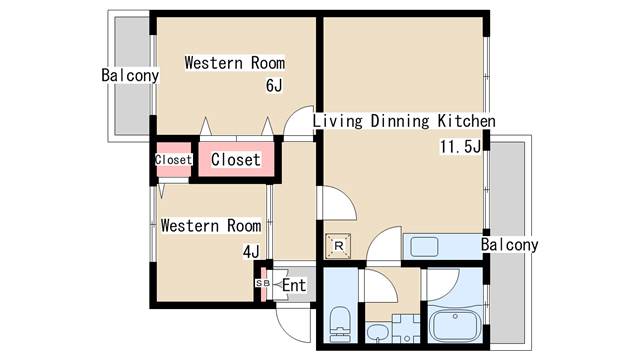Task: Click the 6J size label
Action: tap(274, 85)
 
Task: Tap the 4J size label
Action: tap(251, 251)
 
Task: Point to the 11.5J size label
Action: tap(460, 146)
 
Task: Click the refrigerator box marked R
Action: tap(338, 246)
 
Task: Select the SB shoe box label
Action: tap(262, 283)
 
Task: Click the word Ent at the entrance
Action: tap(294, 285)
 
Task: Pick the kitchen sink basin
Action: tap(424, 247)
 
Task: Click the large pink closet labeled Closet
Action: tap(236, 159)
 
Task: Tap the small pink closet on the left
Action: tap(174, 160)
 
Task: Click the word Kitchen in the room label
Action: tap(467, 121)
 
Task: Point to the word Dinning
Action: tap(400, 121)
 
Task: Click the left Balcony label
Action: tap(130, 75)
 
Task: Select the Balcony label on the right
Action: tap(509, 244)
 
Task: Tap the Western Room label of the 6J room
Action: tap(235, 63)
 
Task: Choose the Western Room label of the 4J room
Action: tap(211, 225)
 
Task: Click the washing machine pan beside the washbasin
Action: tap(406, 328)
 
